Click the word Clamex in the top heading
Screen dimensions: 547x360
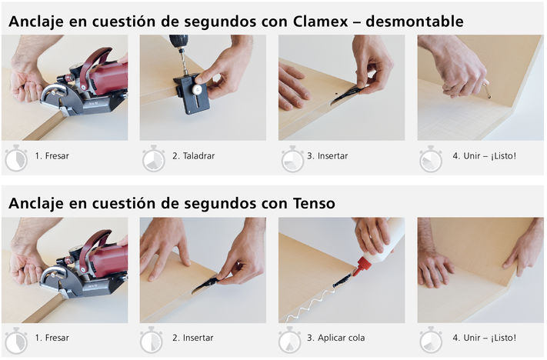click(x=320, y=22)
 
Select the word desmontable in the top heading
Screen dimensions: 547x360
click(x=415, y=22)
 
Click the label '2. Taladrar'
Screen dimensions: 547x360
click(x=193, y=156)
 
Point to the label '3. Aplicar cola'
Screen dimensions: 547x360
click(x=336, y=338)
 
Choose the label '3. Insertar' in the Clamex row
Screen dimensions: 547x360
click(x=327, y=156)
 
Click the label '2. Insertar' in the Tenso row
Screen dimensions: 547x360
click(x=192, y=338)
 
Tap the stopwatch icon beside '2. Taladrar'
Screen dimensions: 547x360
click(x=154, y=158)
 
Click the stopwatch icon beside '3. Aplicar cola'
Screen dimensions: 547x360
click(x=289, y=341)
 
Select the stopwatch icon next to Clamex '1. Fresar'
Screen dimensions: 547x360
click(x=16, y=158)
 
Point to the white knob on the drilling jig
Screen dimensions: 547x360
click(x=198, y=89)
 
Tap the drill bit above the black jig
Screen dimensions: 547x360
click(x=182, y=60)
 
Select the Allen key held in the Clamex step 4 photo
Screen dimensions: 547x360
click(x=486, y=89)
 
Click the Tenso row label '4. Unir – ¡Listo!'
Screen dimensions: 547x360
click(x=484, y=338)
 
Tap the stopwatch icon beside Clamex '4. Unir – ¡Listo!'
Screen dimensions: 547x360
click(x=431, y=158)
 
